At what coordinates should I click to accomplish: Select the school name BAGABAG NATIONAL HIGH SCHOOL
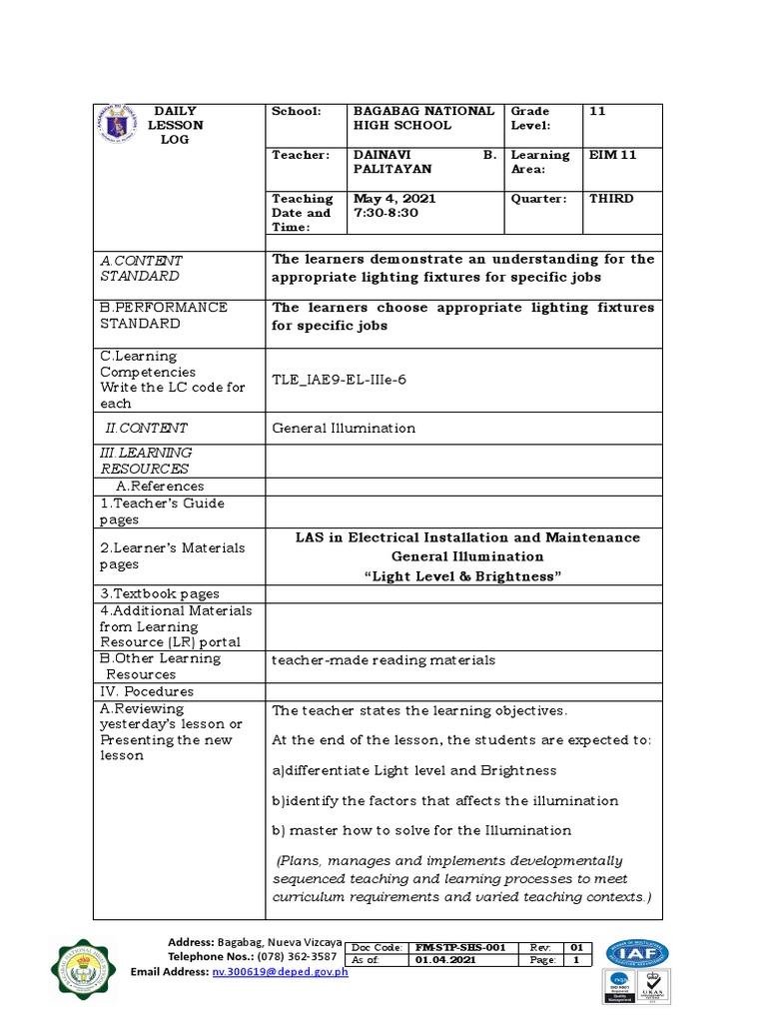click(423, 118)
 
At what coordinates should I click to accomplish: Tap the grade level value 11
click(597, 111)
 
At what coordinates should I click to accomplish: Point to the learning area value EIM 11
click(612, 155)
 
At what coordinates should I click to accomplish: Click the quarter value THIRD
click(611, 199)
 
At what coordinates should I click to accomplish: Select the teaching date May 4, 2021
click(394, 199)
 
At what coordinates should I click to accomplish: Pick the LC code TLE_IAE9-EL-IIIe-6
click(340, 380)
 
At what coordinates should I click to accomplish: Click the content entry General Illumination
click(344, 428)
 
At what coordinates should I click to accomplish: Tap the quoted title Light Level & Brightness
click(467, 576)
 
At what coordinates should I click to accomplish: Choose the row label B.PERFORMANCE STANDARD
click(164, 316)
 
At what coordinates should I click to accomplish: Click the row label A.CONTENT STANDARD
click(141, 268)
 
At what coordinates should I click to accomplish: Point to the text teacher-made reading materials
click(383, 660)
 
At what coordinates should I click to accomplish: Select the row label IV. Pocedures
click(147, 691)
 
